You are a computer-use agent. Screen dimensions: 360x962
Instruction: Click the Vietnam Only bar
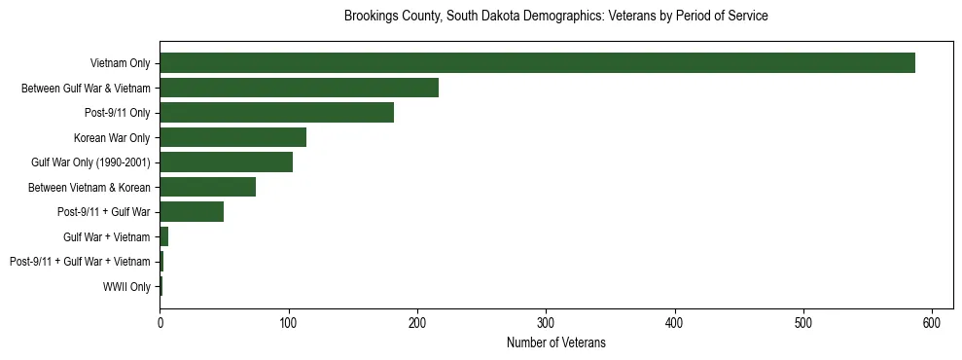pyautogui.click(x=537, y=63)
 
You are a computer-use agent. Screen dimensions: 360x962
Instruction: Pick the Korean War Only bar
pyautogui.click(x=232, y=137)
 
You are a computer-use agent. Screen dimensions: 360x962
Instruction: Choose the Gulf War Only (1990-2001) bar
pyautogui.click(x=226, y=162)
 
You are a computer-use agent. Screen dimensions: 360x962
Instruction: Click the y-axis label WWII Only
pyautogui.click(x=126, y=286)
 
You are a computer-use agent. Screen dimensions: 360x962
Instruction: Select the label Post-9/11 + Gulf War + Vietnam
pyautogui.click(x=80, y=262)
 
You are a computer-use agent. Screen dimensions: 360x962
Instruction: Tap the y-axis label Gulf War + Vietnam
pyautogui.click(x=106, y=236)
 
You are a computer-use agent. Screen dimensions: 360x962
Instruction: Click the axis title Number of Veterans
pyautogui.click(x=555, y=342)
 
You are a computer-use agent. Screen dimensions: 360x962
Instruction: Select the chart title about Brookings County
pyautogui.click(x=555, y=17)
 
